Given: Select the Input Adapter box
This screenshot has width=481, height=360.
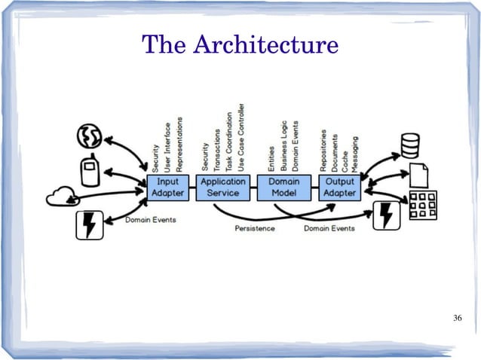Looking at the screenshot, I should (168, 188).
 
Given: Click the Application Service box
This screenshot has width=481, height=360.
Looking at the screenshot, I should (223, 188).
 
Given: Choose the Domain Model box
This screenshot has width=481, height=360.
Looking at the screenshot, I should (284, 188).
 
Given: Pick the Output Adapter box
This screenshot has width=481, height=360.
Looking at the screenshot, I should (339, 188).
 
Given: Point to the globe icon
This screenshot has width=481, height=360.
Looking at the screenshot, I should (89, 136).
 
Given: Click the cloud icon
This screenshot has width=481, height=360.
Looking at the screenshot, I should (62, 197).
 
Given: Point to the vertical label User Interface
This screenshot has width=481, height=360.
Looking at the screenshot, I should (167, 148).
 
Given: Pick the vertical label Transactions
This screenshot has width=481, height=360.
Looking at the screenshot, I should (216, 150).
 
